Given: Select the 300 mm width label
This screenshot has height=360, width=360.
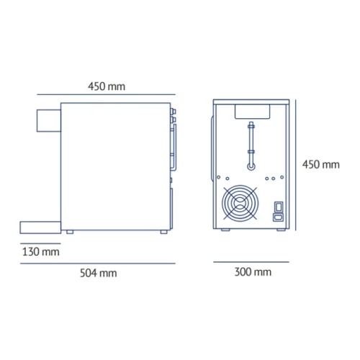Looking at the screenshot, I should click(x=253, y=271).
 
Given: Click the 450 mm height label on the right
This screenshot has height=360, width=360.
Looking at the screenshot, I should click(x=320, y=164).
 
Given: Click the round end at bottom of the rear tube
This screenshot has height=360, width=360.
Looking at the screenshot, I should click(x=251, y=164).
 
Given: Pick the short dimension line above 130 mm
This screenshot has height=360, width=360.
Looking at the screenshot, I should click(x=40, y=242).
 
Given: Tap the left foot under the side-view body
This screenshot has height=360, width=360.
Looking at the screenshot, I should click(x=69, y=231).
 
